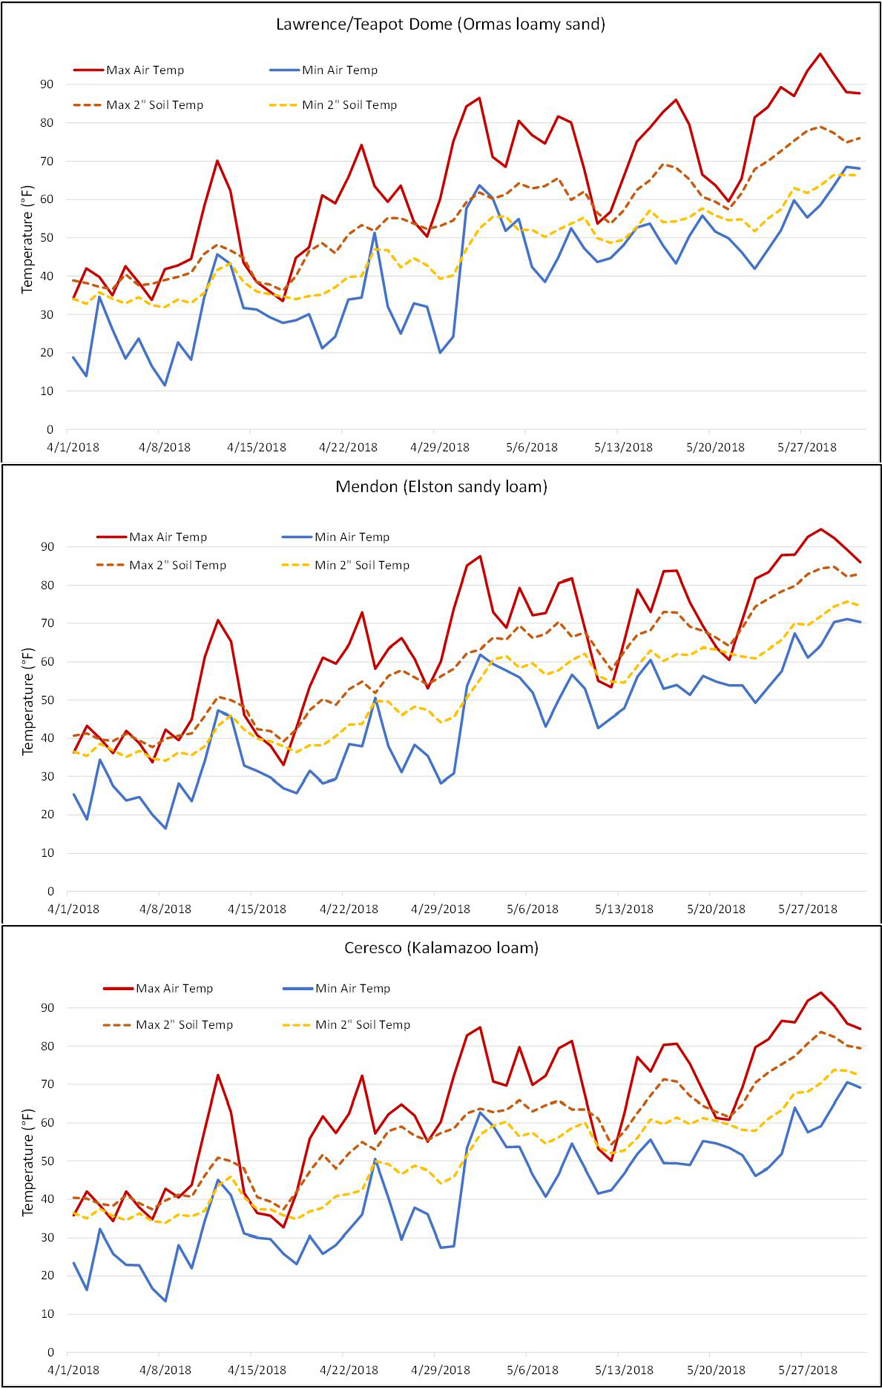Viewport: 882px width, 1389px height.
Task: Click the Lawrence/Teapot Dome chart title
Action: [x=441, y=24]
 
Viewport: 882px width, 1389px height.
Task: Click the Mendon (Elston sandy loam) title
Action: [x=441, y=487]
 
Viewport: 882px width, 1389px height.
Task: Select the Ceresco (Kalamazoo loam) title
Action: [x=441, y=947]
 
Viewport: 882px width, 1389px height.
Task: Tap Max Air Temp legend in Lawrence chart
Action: [x=145, y=70]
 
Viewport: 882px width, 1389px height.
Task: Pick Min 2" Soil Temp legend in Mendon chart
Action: [x=362, y=566]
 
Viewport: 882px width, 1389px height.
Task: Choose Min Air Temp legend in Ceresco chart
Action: [x=352, y=988]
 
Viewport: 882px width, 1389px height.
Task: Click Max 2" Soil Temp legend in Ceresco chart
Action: [x=184, y=1025]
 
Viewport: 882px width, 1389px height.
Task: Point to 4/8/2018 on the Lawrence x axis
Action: [x=164, y=448]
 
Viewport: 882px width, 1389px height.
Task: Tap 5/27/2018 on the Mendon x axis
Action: [x=806, y=909]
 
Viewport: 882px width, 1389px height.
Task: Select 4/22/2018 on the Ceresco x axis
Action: [x=348, y=1370]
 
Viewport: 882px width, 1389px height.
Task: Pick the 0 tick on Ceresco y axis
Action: [x=50, y=1353]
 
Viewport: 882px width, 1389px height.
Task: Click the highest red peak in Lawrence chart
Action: [x=820, y=53]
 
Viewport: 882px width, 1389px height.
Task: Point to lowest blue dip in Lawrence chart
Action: [x=165, y=385]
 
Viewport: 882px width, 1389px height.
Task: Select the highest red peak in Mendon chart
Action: [x=820, y=529]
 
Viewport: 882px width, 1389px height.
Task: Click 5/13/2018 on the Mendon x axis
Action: [x=623, y=909]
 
